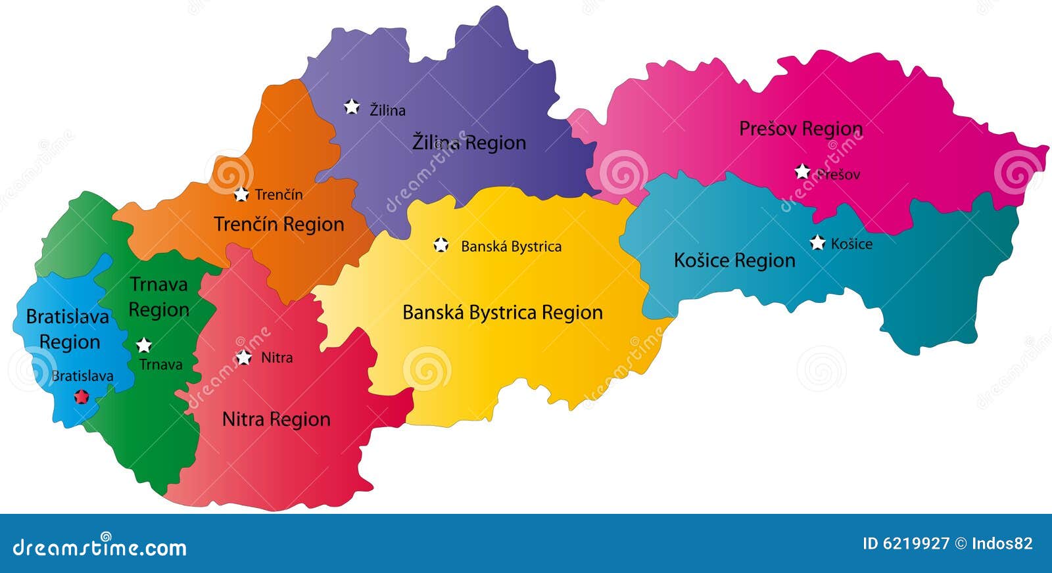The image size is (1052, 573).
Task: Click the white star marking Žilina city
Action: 352,106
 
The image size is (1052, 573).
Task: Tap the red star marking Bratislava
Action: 82,396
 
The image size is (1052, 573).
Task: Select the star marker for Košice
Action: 817,242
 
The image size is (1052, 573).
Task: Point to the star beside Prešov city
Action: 802,172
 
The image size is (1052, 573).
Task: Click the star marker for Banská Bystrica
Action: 441,245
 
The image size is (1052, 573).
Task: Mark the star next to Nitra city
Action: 244,357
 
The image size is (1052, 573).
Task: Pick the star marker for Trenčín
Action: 241,194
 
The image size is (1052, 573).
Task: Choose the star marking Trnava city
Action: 144,345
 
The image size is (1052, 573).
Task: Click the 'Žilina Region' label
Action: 469,143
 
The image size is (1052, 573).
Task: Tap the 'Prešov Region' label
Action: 800,128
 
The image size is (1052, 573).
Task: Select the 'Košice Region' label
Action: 734,260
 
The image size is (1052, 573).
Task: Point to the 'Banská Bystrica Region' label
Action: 502,312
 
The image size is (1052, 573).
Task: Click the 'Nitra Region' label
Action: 276,419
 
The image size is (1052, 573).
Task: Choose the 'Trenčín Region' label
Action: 279,224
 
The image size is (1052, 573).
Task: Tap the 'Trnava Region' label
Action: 158,297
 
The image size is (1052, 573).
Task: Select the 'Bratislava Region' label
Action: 68,329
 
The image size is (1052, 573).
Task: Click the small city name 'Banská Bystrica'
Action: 511,246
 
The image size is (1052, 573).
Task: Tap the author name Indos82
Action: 1003,543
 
